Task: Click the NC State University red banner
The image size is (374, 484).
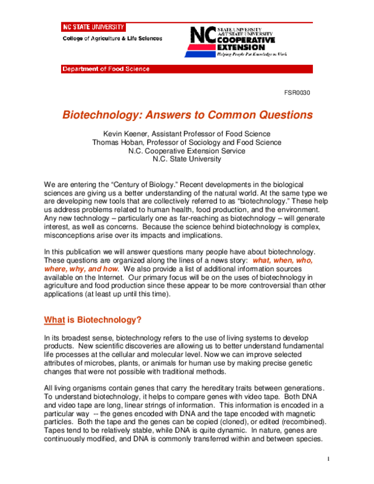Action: (93, 27)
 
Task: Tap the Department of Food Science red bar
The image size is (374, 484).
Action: (105, 69)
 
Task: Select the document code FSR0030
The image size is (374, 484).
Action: (297, 93)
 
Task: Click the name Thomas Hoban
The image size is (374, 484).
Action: (118, 142)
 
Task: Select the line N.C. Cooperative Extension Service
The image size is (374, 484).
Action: (186, 150)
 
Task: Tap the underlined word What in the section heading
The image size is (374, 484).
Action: (54, 320)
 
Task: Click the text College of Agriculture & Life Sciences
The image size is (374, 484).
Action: (112, 38)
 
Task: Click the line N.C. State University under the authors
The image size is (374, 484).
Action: (186, 159)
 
